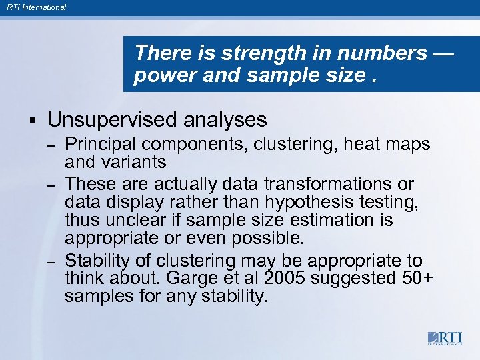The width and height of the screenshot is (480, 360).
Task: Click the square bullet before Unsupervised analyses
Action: tap(32, 121)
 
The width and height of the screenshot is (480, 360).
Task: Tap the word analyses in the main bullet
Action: tap(225, 120)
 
